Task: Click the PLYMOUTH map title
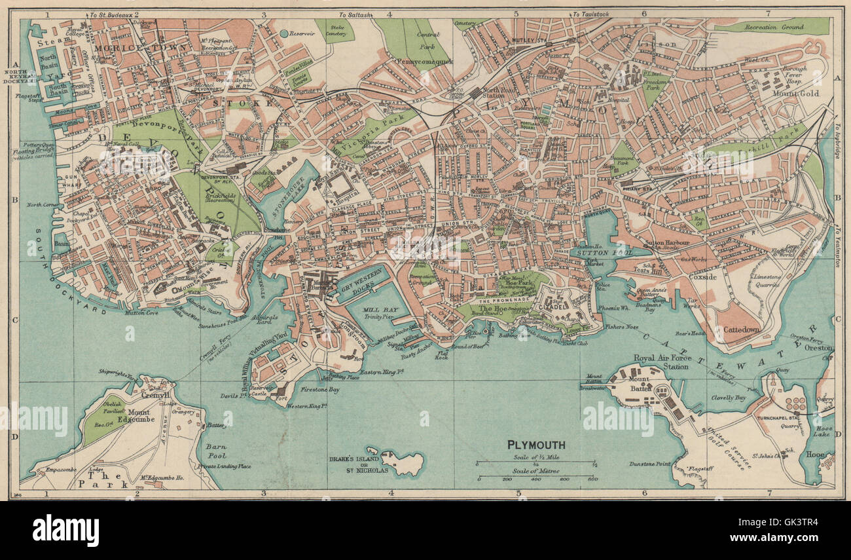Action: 536,445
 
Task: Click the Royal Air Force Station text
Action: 661,362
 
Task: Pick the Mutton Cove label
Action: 139,313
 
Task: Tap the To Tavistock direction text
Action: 595,14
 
